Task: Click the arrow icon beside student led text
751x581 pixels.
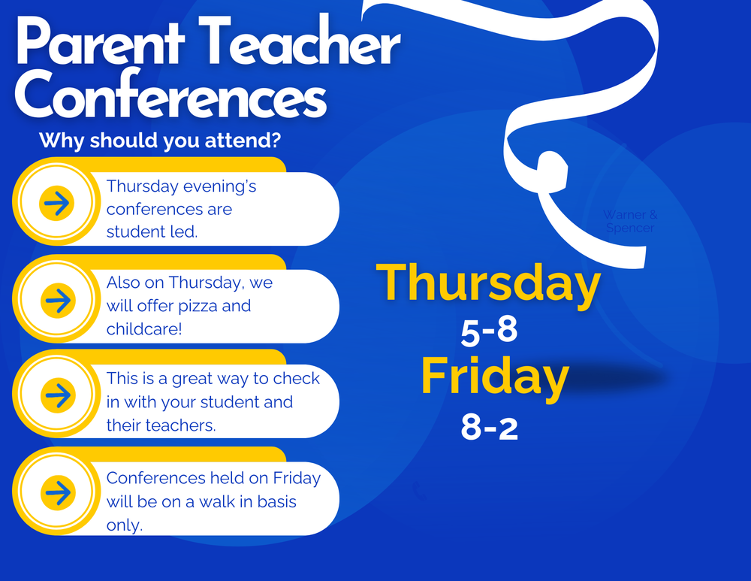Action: coord(57,203)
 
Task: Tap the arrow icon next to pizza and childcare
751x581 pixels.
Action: coord(57,300)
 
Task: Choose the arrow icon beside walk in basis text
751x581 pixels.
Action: coord(57,492)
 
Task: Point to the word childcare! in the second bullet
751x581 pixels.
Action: coord(144,329)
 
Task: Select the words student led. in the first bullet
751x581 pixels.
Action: coord(152,231)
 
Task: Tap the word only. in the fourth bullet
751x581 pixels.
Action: coord(125,525)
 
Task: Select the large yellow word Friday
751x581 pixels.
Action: coord(493,377)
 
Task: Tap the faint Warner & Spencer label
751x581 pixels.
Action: coord(629,221)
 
